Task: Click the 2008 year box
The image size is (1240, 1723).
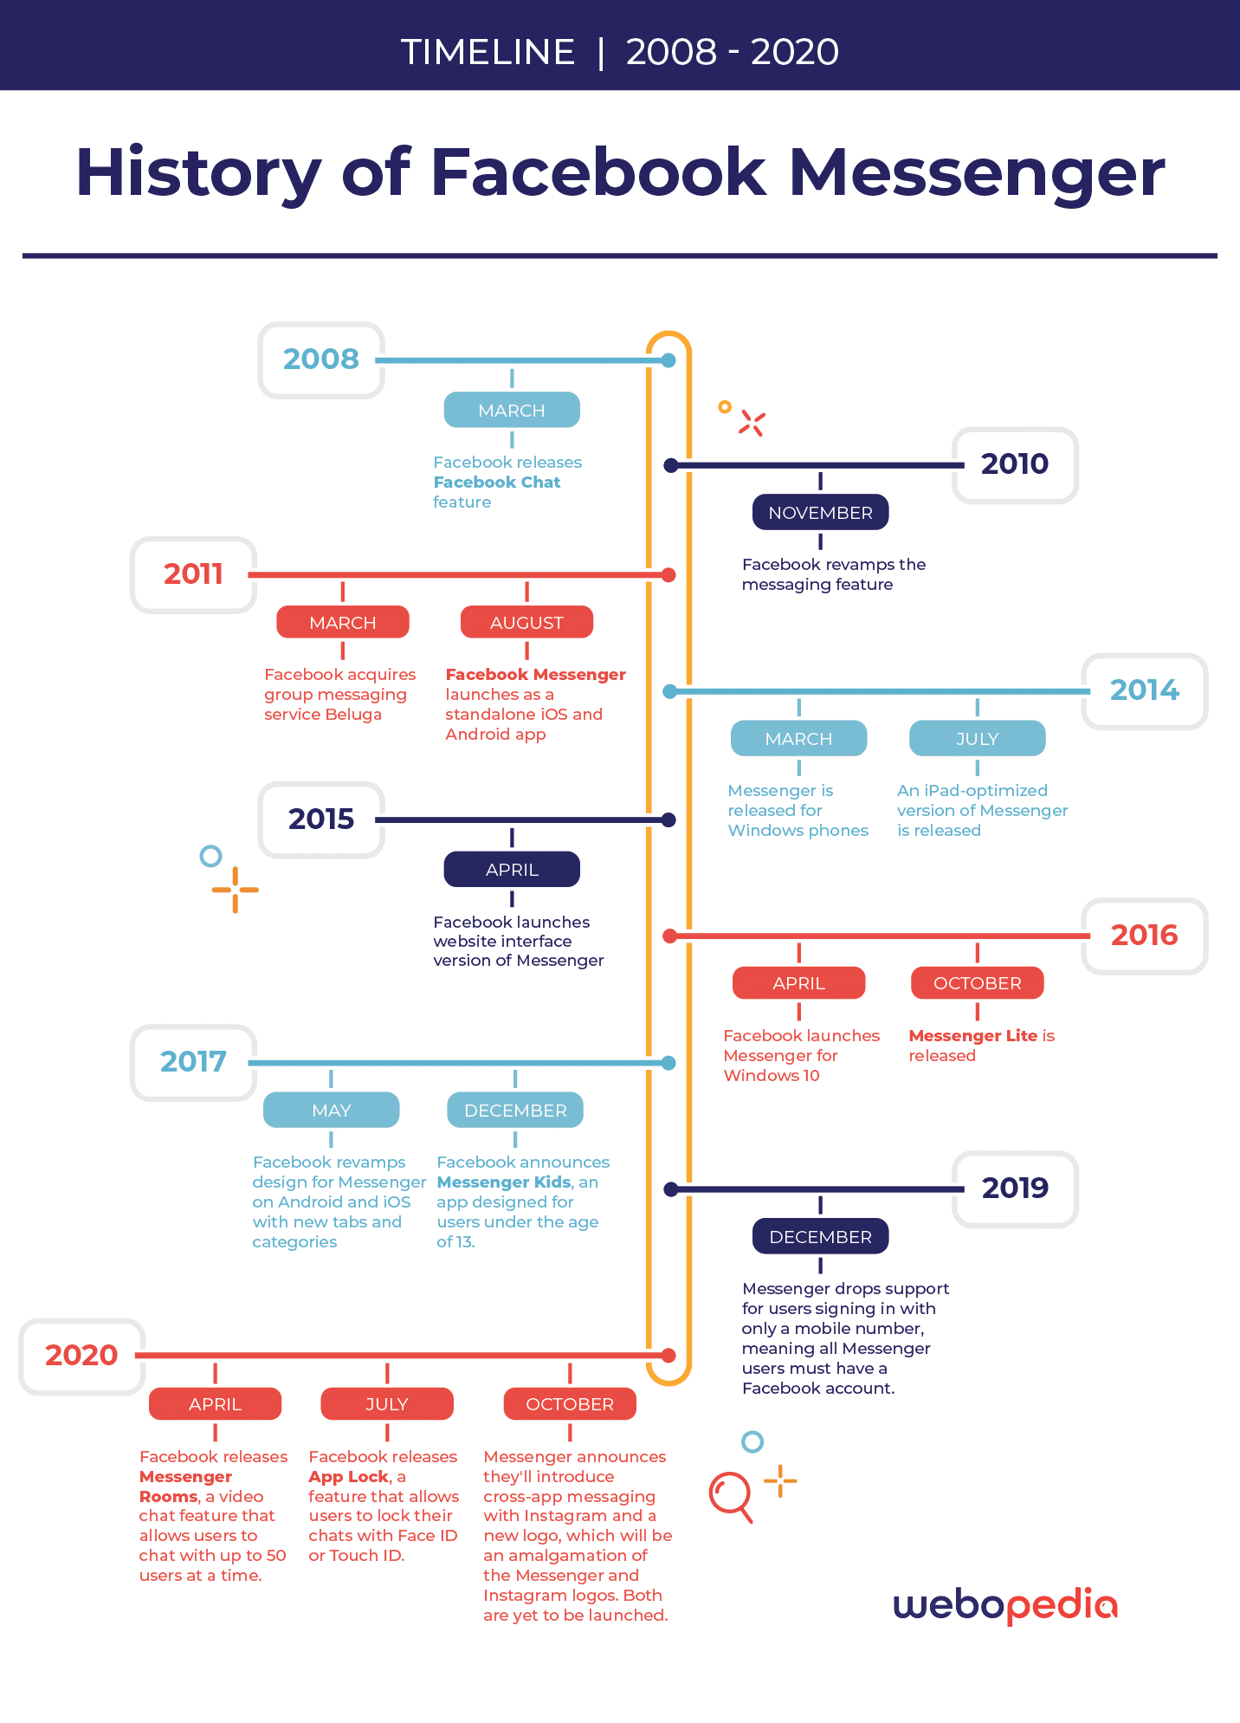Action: [x=321, y=360]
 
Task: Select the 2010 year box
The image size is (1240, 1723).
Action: [x=1015, y=465]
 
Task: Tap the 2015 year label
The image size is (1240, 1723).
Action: [x=321, y=819]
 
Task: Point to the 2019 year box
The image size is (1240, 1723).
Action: [x=1015, y=1189]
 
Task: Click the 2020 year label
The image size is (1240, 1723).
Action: [x=81, y=1356]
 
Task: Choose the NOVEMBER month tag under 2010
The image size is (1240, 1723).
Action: [x=820, y=512]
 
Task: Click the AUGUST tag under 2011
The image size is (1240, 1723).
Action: [x=526, y=622]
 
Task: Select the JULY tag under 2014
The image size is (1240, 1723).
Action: [x=977, y=738]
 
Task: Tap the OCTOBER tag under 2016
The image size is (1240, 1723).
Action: [x=977, y=983]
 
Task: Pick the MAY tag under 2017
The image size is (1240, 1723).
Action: [x=331, y=1110]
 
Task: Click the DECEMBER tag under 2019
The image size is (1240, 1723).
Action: [x=820, y=1236]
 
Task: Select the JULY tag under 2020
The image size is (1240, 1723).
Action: [x=386, y=1403]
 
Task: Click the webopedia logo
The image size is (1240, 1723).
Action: [x=1005, y=1605]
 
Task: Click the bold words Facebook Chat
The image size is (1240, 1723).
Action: [x=497, y=483]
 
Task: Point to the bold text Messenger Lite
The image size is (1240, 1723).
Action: [x=973, y=1035]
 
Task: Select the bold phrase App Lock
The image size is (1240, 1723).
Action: [x=348, y=1476]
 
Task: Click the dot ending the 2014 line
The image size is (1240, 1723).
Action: [x=669, y=691]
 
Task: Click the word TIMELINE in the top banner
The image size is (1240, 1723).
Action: [x=488, y=52]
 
